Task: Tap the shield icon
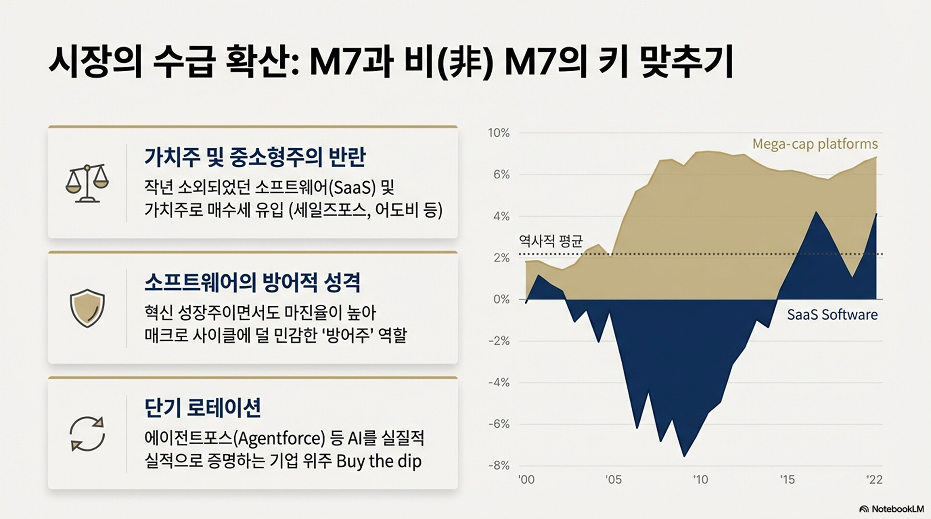tap(87, 308)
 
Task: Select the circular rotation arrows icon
tap(87, 434)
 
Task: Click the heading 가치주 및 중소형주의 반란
tap(255, 157)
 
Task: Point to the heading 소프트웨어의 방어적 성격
tap(252, 283)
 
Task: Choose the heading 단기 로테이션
tap(203, 408)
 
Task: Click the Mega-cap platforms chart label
tap(815, 144)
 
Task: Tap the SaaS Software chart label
tap(832, 315)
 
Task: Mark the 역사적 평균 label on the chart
tap(551, 241)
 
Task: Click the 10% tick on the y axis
tap(499, 133)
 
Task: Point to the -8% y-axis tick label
tap(499, 466)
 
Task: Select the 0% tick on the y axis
tap(501, 299)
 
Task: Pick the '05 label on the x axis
tap(613, 480)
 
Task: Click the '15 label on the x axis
tap(787, 480)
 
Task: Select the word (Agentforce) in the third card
tap(279, 438)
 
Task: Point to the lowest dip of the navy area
tap(684, 456)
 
